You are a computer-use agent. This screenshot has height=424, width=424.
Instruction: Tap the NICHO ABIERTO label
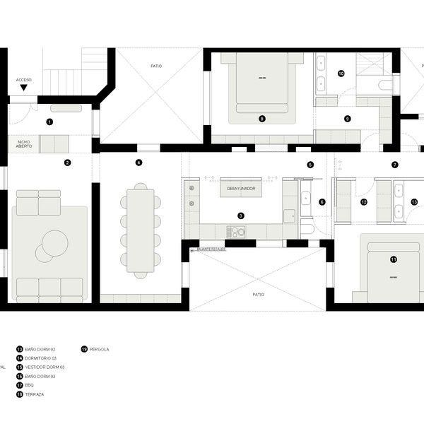(23, 144)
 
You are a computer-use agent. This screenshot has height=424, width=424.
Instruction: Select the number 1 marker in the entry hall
(49, 122)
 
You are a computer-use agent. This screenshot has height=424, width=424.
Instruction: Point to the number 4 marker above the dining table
(139, 163)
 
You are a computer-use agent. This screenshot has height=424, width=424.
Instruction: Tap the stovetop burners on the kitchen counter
(235, 231)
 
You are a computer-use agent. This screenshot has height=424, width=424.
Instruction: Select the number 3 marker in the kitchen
(241, 216)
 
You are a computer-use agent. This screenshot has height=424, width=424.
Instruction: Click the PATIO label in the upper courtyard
(156, 66)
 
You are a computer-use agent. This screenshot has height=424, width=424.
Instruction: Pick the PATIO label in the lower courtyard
(257, 293)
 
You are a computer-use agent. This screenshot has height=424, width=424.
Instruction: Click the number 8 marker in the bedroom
(261, 119)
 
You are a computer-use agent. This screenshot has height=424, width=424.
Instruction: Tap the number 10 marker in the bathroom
(341, 73)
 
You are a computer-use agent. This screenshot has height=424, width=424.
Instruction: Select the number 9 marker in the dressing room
(347, 119)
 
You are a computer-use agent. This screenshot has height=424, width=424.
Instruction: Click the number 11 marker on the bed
(394, 259)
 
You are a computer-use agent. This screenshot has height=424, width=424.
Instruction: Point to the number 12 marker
(364, 202)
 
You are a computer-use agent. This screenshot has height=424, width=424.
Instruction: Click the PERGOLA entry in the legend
(99, 349)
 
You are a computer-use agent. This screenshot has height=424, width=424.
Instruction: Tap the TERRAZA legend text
(34, 394)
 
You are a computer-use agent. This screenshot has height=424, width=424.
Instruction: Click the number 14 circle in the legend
(20, 358)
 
